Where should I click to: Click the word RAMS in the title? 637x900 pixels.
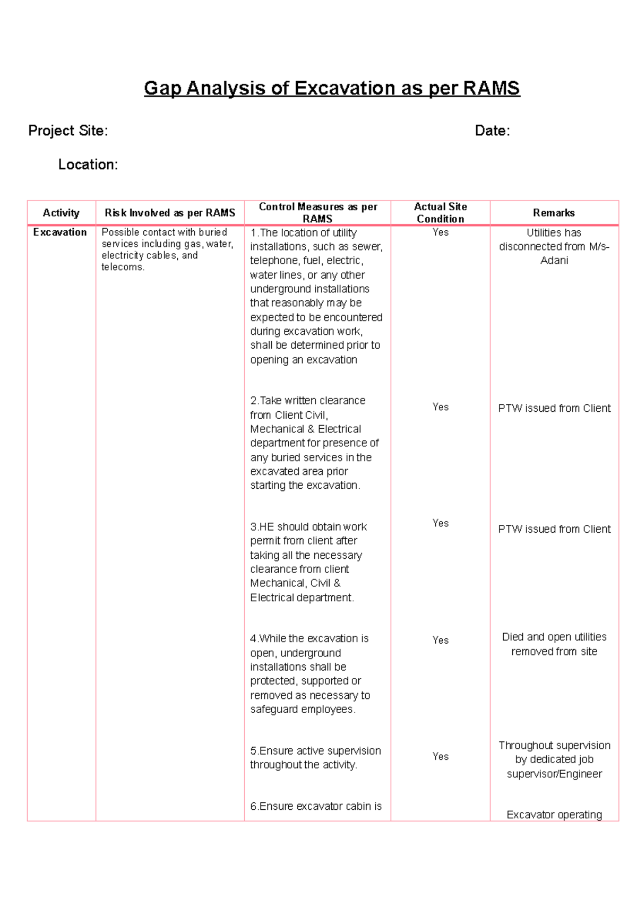coord(491,88)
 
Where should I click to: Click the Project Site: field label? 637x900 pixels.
coord(68,131)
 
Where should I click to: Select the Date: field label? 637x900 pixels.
coord(492,131)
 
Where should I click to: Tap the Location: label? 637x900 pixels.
coord(88,165)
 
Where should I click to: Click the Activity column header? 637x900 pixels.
coord(61,213)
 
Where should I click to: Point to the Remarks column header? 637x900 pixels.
coord(554,213)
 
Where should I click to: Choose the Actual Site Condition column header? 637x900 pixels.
coord(440,213)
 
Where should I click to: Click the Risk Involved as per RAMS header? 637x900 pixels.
coord(170,213)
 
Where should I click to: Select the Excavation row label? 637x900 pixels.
coord(60,232)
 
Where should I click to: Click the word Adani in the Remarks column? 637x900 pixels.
coord(554,261)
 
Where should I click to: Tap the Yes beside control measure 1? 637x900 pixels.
coord(440,232)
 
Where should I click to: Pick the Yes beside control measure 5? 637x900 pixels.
coord(440,757)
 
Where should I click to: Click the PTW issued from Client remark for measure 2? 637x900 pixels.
coord(554,408)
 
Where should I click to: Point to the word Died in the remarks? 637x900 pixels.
coord(513,637)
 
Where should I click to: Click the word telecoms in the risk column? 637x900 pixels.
coord(122,267)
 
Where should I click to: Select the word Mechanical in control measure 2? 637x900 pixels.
coord(277,429)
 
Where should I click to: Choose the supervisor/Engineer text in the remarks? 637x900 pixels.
coord(554,774)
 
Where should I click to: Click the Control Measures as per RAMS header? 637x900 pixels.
coord(317,213)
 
